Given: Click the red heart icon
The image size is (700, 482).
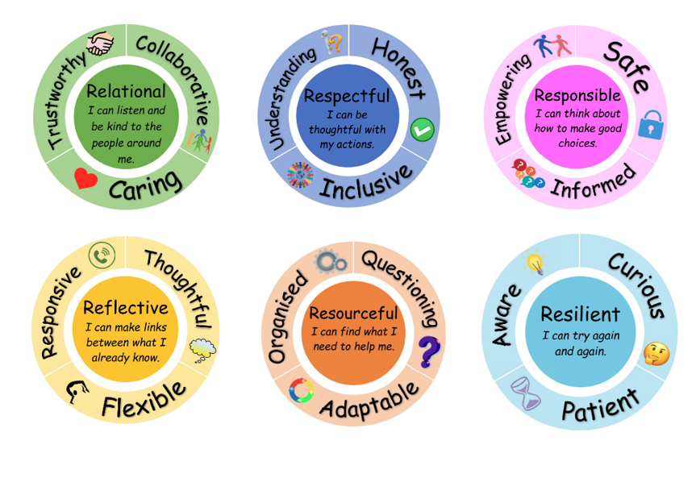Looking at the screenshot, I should [x=85, y=178].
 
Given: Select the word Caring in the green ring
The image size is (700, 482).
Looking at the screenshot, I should [x=145, y=186].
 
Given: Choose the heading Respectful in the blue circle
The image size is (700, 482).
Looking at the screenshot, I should [x=347, y=97].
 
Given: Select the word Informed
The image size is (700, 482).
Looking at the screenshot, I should [x=593, y=180].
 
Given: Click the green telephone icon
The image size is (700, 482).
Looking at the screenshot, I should [x=102, y=255].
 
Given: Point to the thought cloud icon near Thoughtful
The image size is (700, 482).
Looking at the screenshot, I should [x=203, y=348].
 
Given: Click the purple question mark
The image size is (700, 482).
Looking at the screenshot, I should [x=430, y=351].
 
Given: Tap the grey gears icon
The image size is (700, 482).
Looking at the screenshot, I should [x=331, y=261].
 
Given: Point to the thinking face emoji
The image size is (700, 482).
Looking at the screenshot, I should [x=656, y=353].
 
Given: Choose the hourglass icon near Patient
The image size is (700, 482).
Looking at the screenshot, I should [x=524, y=394].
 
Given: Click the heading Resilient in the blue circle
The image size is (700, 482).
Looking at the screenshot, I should [x=580, y=314].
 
